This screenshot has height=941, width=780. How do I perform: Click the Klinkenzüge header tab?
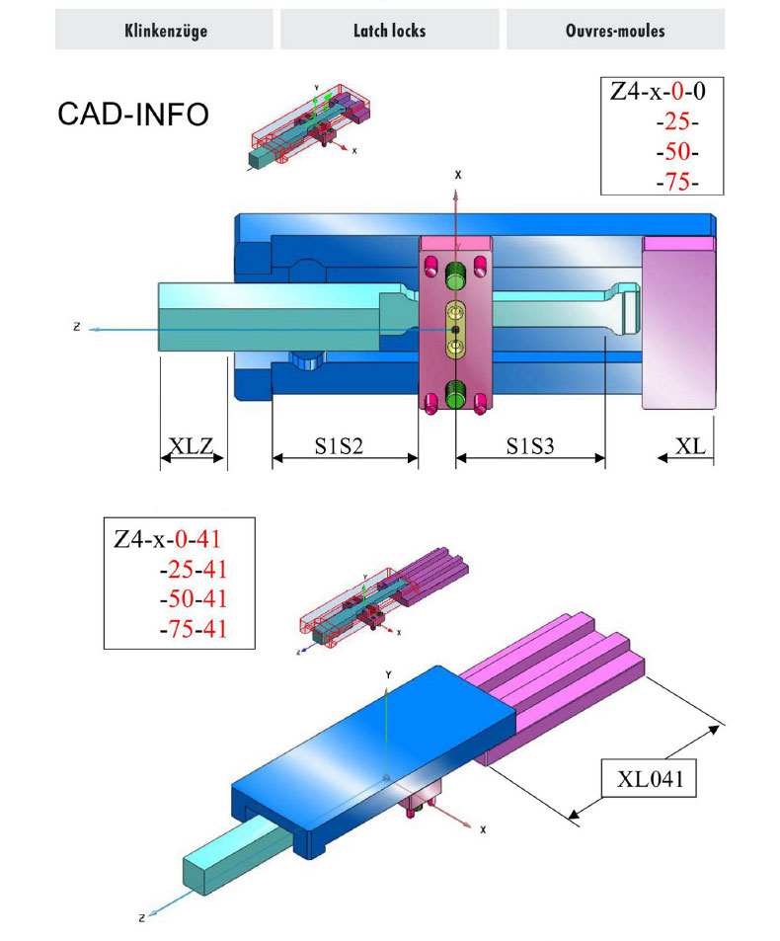tap(164, 31)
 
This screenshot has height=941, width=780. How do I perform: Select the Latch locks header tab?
tap(389, 31)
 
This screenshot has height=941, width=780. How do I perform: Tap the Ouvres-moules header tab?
tap(615, 31)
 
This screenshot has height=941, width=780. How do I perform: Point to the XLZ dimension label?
tap(192, 447)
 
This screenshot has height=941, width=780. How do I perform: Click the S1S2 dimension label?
tap(340, 447)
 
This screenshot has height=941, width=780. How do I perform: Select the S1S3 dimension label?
tap(530, 447)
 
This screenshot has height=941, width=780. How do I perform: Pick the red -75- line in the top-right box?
tap(676, 182)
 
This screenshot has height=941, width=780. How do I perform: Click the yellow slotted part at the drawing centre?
tap(455, 329)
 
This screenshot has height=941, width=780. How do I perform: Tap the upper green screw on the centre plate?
tap(455, 274)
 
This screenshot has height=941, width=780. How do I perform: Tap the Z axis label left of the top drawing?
tap(76, 327)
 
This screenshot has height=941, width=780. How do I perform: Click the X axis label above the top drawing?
tap(457, 174)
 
